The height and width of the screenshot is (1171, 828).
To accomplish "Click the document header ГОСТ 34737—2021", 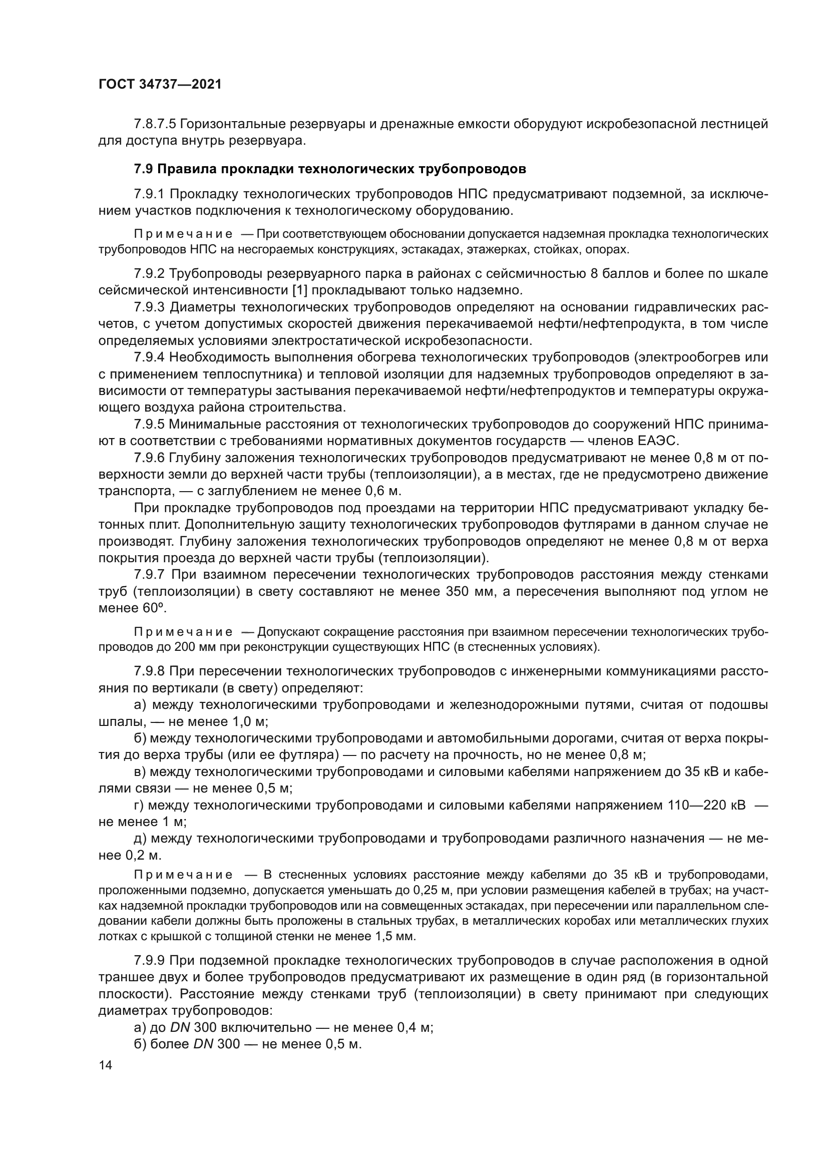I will (x=160, y=85).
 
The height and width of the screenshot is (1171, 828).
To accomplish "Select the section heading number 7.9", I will (x=143, y=169).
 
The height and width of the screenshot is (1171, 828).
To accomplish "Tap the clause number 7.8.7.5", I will (x=155, y=124).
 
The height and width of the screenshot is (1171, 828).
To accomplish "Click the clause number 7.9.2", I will (x=149, y=274).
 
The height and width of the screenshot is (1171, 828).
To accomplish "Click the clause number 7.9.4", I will (x=149, y=357).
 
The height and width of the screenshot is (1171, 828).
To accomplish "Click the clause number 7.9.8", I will (x=149, y=671).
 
